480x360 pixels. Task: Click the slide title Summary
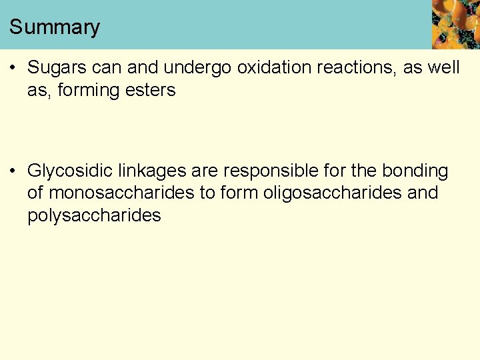tap(55, 27)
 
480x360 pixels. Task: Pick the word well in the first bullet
tap(443, 68)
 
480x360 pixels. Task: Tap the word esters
tap(149, 90)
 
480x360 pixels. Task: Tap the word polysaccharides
tap(94, 215)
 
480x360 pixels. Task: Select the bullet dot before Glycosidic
tap(13, 171)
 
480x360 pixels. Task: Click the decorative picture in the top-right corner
tap(455, 24)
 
